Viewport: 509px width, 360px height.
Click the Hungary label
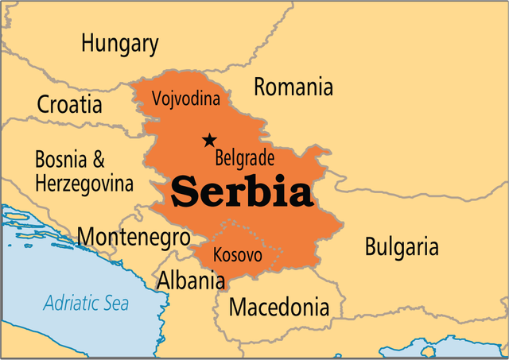click(x=119, y=43)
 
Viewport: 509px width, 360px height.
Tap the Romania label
click(x=293, y=87)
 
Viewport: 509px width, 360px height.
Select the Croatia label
click(x=69, y=104)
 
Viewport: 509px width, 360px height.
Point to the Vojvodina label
click(x=185, y=101)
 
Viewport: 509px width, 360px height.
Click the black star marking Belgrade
click(x=209, y=140)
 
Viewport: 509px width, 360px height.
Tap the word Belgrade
click(x=245, y=157)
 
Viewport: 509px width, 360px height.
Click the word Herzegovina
click(x=84, y=184)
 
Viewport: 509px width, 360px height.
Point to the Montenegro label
click(x=134, y=237)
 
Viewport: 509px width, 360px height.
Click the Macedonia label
click(x=278, y=307)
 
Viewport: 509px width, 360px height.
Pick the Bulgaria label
click(x=402, y=246)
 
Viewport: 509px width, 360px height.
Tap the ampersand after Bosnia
click(x=99, y=159)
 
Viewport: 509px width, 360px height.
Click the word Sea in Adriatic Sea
click(x=115, y=303)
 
